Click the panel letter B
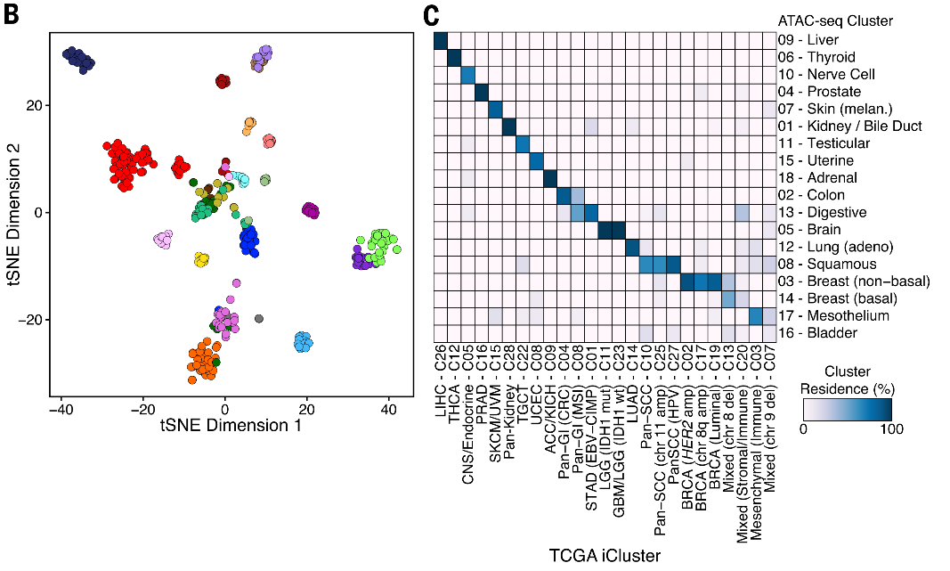tap(13, 15)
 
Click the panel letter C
tap(431, 15)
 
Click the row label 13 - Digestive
tap(820, 212)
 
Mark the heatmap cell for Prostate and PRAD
tap(483, 92)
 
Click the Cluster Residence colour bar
tap(847, 408)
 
